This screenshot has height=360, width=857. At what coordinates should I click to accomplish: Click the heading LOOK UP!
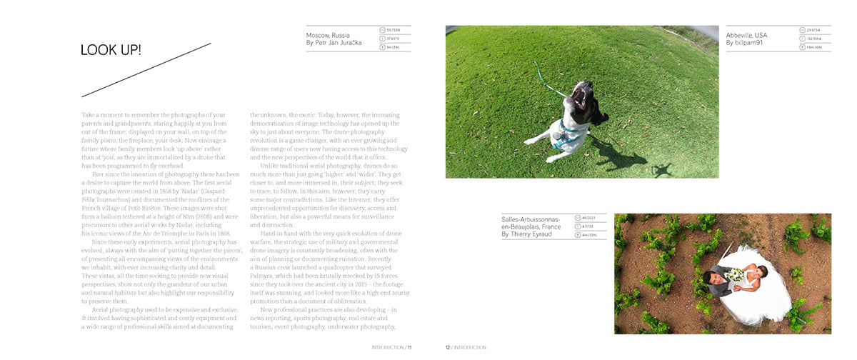[111, 50]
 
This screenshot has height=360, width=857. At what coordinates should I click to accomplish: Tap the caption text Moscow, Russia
[328, 35]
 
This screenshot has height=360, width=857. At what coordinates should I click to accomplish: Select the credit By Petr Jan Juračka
[334, 43]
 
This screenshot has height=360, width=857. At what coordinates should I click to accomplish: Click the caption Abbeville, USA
[746, 35]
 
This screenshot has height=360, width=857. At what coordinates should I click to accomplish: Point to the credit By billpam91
[744, 43]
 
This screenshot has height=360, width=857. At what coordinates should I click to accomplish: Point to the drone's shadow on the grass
[662, 170]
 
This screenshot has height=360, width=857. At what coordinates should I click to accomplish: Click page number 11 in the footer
[410, 348]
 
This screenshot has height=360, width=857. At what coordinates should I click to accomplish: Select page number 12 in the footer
[448, 348]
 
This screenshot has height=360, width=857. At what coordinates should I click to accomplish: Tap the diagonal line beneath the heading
[146, 70]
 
